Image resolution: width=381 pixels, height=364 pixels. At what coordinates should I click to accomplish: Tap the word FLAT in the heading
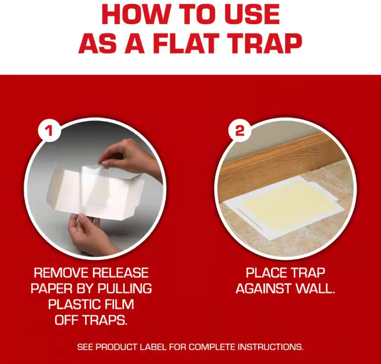pyautogui.click(x=186, y=44)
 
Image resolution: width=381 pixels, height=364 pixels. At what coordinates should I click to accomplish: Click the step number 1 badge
pyautogui.click(x=49, y=131)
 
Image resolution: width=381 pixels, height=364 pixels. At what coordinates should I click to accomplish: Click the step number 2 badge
pyautogui.click(x=239, y=131)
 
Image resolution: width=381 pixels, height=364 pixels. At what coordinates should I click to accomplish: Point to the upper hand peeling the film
pyautogui.click(x=129, y=158)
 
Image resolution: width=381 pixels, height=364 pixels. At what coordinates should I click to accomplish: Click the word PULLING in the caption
pyautogui.click(x=125, y=288)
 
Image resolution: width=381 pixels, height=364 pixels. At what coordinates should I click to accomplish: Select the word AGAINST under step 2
pyautogui.click(x=263, y=288)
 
